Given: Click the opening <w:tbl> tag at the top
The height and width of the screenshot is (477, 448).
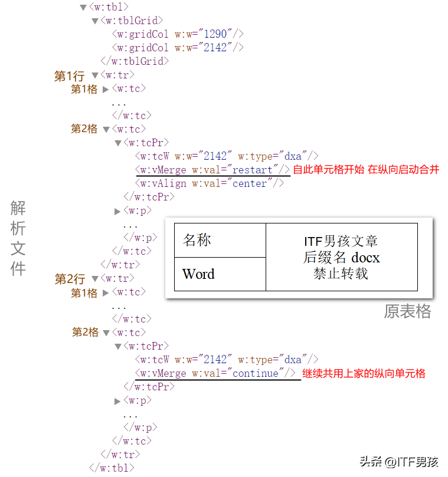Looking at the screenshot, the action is pyautogui.click(x=109, y=6).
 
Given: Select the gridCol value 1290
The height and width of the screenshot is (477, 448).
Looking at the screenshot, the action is pyautogui.click(x=215, y=34).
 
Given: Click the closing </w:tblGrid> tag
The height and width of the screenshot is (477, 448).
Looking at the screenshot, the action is pyautogui.click(x=135, y=61).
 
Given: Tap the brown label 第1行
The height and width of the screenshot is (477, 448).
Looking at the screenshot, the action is pyautogui.click(x=69, y=76).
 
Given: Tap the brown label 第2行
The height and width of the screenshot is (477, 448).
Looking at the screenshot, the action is pyautogui.click(x=70, y=279).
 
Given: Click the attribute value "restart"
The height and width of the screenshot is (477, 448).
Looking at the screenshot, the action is pyautogui.click(x=252, y=169).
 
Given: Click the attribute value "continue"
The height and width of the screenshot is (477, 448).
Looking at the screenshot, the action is pyautogui.click(x=255, y=373).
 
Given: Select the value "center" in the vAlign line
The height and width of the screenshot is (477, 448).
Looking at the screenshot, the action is pyautogui.click(x=250, y=183).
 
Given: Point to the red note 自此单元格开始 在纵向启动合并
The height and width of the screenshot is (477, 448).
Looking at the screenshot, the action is pyautogui.click(x=366, y=169).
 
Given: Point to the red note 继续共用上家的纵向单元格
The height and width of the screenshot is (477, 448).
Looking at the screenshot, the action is pyautogui.click(x=364, y=373).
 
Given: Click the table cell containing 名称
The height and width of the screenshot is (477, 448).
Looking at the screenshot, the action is pyautogui.click(x=220, y=241).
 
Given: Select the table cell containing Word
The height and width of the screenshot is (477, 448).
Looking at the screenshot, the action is pyautogui.click(x=220, y=274).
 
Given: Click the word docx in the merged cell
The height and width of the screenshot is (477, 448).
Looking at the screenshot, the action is pyautogui.click(x=365, y=258).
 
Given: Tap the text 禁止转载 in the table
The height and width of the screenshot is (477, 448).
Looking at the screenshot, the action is pyautogui.click(x=341, y=274).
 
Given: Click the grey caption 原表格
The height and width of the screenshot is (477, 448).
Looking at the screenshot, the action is pyautogui.click(x=407, y=311).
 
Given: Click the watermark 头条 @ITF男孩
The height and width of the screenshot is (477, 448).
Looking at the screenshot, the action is pyautogui.click(x=399, y=462).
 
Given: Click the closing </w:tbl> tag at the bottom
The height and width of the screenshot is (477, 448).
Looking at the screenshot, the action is pyautogui.click(x=112, y=468).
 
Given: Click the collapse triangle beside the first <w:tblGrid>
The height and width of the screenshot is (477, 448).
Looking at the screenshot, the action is pyautogui.click(x=94, y=21).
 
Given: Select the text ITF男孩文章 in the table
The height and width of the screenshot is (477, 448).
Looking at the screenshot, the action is pyautogui.click(x=341, y=241).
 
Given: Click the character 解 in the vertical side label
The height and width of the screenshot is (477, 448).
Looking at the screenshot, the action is pyautogui.click(x=18, y=208).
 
